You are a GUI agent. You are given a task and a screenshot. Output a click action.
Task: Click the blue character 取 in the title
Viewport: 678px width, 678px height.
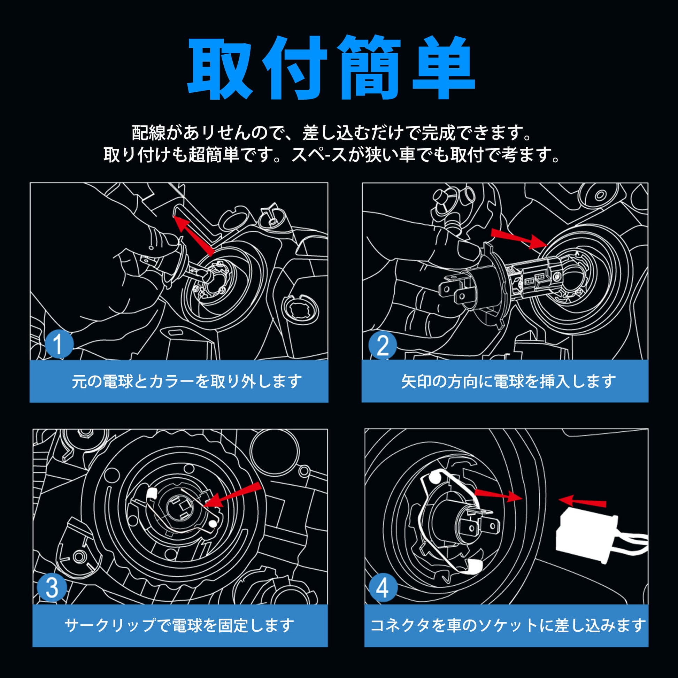pyautogui.click(x=221, y=67)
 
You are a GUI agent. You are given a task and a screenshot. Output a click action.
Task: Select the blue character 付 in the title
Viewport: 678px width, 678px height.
pyautogui.click(x=295, y=67)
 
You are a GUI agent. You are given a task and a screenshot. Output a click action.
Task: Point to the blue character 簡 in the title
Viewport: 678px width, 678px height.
pyautogui.click(x=369, y=67)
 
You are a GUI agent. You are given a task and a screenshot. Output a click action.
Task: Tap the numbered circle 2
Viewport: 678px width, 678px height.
pyautogui.click(x=383, y=346)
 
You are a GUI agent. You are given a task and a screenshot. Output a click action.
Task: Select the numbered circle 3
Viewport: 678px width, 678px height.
pyautogui.click(x=52, y=588)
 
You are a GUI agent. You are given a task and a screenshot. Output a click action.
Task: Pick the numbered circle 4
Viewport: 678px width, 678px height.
pyautogui.click(x=383, y=588)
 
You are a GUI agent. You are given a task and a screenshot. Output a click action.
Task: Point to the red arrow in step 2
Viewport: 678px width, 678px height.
pyautogui.click(x=519, y=239)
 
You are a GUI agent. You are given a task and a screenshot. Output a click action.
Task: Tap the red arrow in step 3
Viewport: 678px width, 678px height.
pyautogui.click(x=232, y=495)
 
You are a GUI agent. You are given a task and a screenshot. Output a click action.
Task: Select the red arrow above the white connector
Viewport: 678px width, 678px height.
pyautogui.click(x=582, y=501)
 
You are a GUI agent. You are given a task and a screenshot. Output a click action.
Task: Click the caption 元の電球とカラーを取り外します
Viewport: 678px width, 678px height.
pyautogui.click(x=187, y=381)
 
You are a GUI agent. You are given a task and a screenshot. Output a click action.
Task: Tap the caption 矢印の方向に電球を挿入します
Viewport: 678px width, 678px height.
pyautogui.click(x=509, y=382)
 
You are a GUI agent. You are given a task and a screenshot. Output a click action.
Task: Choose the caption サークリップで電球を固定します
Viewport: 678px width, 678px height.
pyautogui.click(x=179, y=625)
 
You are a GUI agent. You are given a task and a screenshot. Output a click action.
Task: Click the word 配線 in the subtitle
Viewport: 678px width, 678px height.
pyautogui.click(x=148, y=133)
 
